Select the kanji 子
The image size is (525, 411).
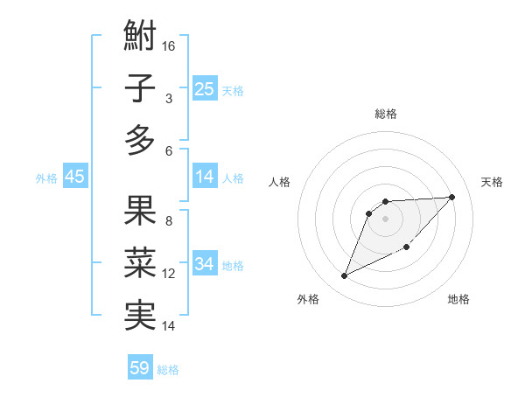(x=140, y=89)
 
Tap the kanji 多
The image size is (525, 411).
(x=140, y=140)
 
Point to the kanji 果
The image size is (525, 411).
(x=140, y=212)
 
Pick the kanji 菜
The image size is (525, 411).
(x=140, y=263)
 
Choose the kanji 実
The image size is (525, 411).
(x=140, y=315)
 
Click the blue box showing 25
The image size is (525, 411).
(x=205, y=89)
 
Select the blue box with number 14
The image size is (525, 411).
(x=205, y=178)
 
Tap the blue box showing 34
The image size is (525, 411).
(x=205, y=264)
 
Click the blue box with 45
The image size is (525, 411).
(x=74, y=178)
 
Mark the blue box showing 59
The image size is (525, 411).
(x=140, y=368)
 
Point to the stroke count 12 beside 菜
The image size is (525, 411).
(x=169, y=274)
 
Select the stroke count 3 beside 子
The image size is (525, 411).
(x=168, y=99)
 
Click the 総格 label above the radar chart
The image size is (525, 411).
(x=386, y=114)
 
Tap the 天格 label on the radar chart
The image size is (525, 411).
(x=492, y=182)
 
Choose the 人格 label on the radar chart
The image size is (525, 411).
(x=279, y=182)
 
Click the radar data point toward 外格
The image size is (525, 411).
(x=345, y=276)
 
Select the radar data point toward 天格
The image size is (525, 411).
(x=451, y=197)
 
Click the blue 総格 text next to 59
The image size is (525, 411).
(x=168, y=370)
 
